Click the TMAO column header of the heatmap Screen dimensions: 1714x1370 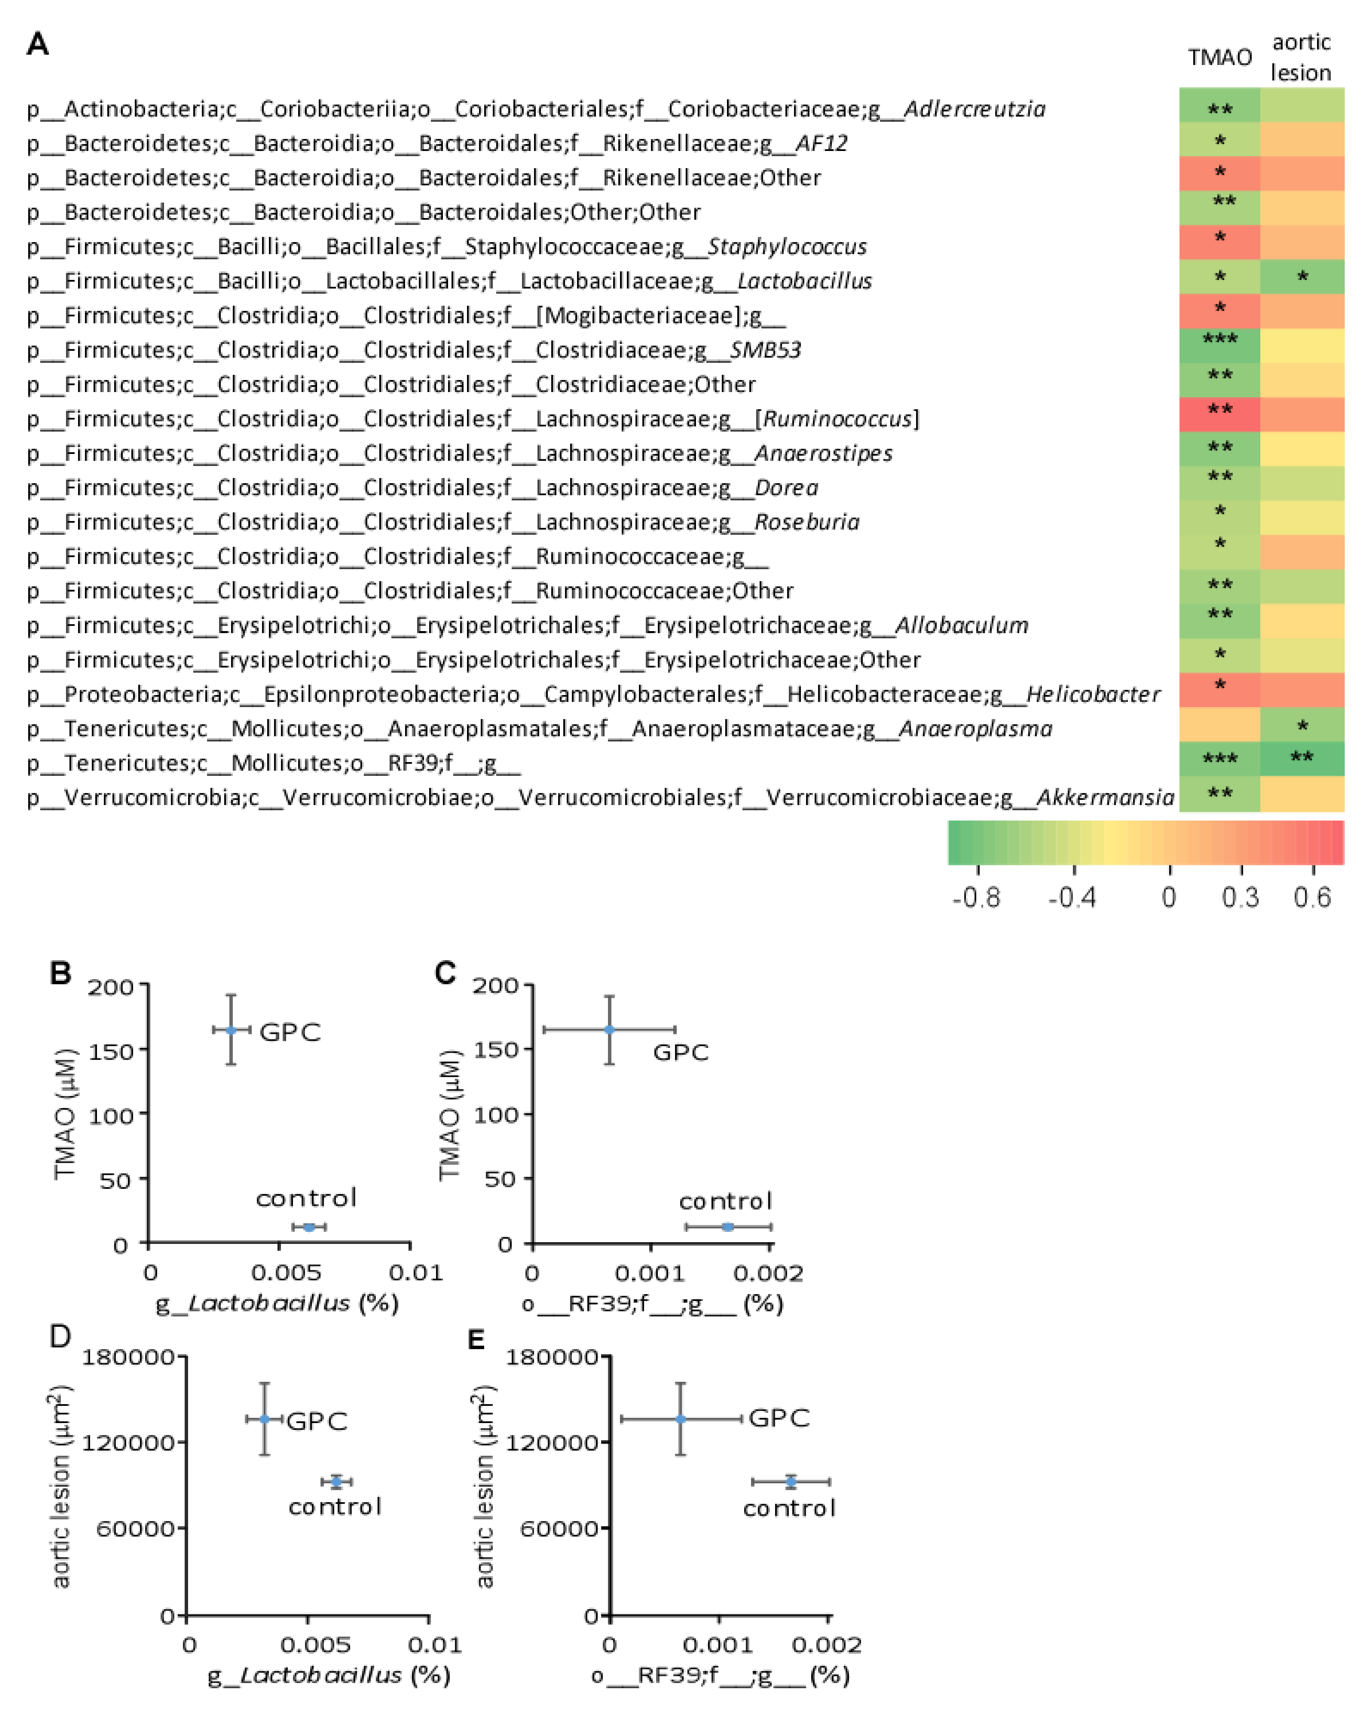(x=1219, y=57)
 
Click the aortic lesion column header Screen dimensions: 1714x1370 (x=1301, y=57)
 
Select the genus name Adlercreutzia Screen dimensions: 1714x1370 (x=974, y=109)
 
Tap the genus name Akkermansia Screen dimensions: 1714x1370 (x=1105, y=798)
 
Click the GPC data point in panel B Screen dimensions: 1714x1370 (x=231, y=1030)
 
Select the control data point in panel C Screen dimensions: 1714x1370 (x=728, y=1227)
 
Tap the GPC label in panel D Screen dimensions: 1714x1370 (x=316, y=1421)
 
